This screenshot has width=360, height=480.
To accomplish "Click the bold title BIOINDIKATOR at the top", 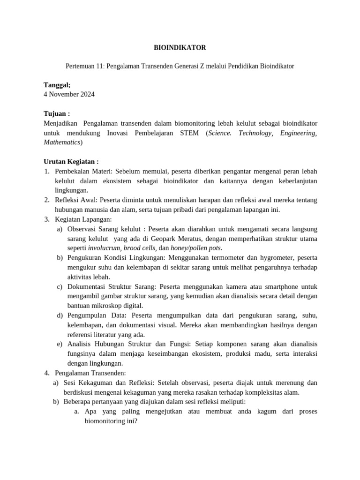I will click(x=180, y=48).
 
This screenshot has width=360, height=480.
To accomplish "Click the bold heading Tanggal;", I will click(x=57, y=85).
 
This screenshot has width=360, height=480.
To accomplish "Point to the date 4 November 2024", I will click(x=69, y=94).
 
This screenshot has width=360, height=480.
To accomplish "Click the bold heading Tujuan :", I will click(x=56, y=114).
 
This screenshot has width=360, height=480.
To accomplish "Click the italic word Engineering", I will click(x=298, y=133).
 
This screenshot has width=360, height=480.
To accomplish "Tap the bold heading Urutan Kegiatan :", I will click(x=71, y=162).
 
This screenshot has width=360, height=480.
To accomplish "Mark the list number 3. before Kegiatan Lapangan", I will click(x=47, y=219).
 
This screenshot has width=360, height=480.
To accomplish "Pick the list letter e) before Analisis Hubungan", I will click(x=60, y=344).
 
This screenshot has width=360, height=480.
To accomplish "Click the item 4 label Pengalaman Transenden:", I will click(x=90, y=373).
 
